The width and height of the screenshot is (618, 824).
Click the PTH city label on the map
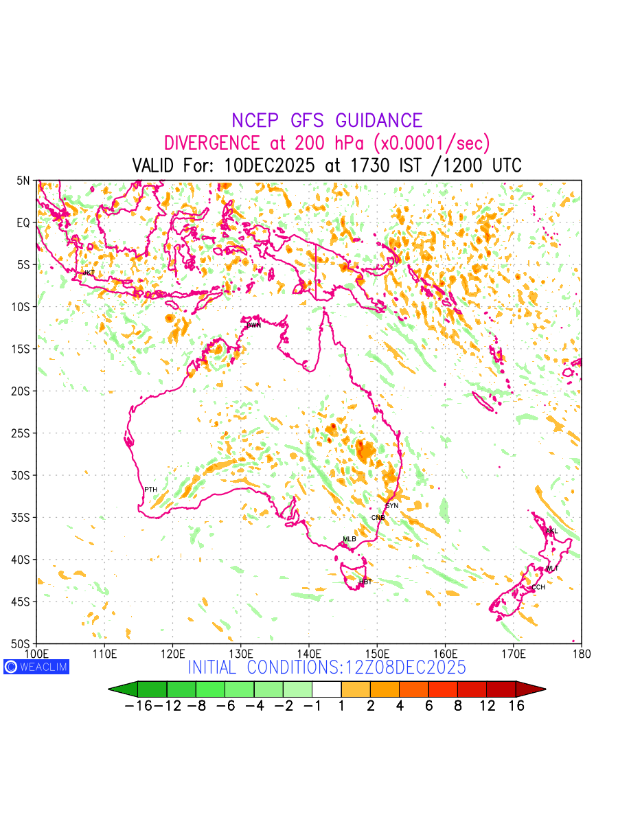pyautogui.click(x=150, y=490)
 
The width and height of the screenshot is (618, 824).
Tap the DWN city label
pyautogui.click(x=253, y=325)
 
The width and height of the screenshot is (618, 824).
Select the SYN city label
pyautogui.click(x=391, y=506)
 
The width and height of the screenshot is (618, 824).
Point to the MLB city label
pyautogui.click(x=350, y=539)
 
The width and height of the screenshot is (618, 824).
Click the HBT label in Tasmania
pyautogui.click(x=365, y=582)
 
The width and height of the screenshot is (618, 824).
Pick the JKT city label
pyautogui.click(x=89, y=273)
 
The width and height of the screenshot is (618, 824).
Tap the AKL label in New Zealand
pyautogui.click(x=551, y=531)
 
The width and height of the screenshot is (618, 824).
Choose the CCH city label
pyautogui.click(x=538, y=587)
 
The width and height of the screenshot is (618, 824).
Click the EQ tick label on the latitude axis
pyautogui.click(x=23, y=222)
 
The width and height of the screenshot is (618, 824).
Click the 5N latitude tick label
pyautogui.click(x=23, y=181)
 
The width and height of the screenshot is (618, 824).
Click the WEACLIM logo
pyautogui.click(x=36, y=666)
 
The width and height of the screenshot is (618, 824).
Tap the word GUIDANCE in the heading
pyautogui.click(x=378, y=121)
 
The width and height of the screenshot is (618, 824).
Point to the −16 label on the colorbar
pyautogui.click(x=137, y=707)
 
